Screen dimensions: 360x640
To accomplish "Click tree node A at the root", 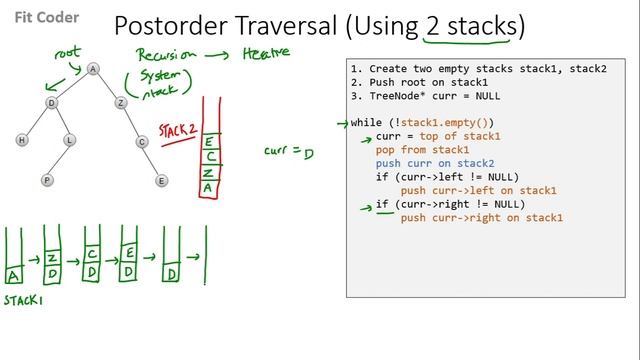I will (92, 69).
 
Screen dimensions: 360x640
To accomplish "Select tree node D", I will (49, 102).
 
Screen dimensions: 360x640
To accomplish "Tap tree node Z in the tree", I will (120, 102).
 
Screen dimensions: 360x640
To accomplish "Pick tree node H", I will (22, 141).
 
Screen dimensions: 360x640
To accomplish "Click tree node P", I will (47, 180).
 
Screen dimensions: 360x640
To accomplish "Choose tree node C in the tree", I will (143, 141).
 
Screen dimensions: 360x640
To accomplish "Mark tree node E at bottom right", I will (161, 180).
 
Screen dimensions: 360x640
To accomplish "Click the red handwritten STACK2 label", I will (177, 131).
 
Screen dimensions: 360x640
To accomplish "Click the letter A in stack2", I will (208, 187).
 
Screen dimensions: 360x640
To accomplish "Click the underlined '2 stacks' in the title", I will (469, 27).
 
